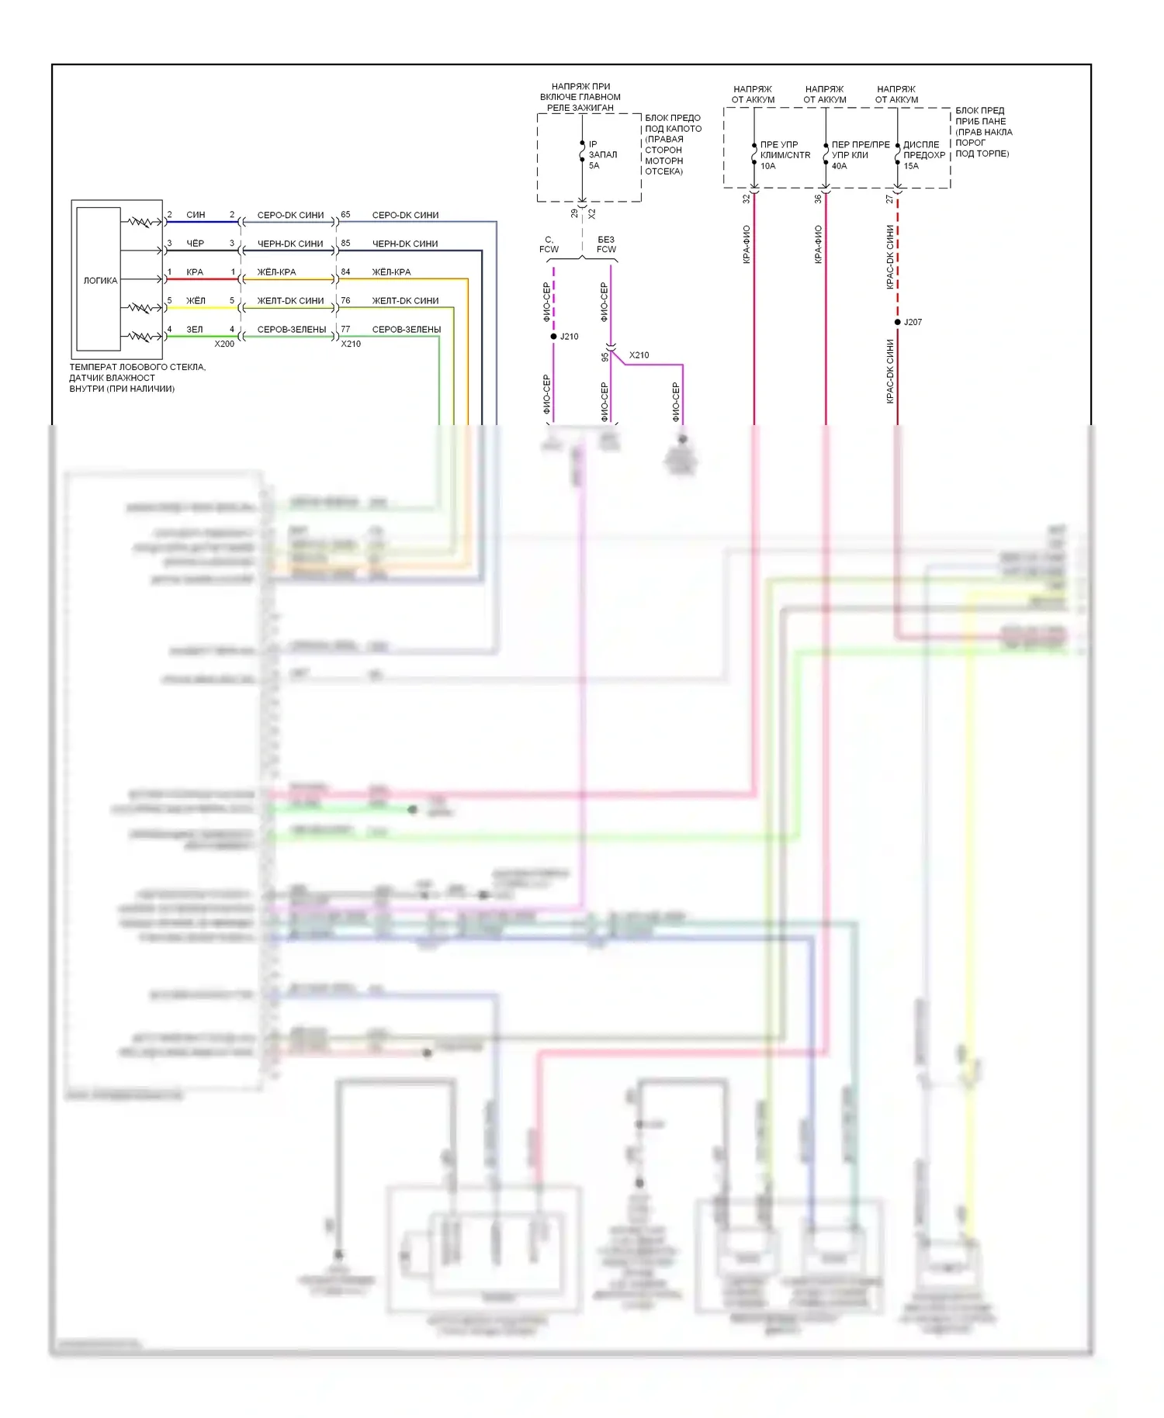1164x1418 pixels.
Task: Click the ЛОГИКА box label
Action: coord(100,281)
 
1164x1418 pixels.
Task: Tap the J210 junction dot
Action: coord(553,337)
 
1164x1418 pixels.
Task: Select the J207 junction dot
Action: coord(898,322)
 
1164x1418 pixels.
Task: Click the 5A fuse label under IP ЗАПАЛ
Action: coord(594,166)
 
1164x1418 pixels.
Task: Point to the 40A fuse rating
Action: coord(839,166)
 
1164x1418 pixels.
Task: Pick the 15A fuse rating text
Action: coord(910,166)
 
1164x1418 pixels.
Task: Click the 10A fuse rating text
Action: coord(767,166)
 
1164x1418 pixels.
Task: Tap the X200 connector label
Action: coord(224,344)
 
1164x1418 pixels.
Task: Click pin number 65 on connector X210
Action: coord(345,215)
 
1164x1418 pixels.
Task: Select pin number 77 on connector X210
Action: coord(345,330)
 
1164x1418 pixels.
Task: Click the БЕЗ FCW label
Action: coord(606,244)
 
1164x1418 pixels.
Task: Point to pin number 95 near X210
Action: coord(605,357)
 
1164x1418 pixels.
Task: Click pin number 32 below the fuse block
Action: coord(747,199)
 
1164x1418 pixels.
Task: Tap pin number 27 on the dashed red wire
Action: coord(889,199)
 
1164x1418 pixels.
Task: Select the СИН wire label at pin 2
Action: coord(196,215)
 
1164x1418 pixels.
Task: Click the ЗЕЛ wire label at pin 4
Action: coord(194,330)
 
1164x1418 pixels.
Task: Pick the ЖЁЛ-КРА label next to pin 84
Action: coord(391,272)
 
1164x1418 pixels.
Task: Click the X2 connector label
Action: coord(592,213)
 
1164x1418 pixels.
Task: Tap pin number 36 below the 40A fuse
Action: coord(818,199)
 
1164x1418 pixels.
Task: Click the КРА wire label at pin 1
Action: coord(195,272)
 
